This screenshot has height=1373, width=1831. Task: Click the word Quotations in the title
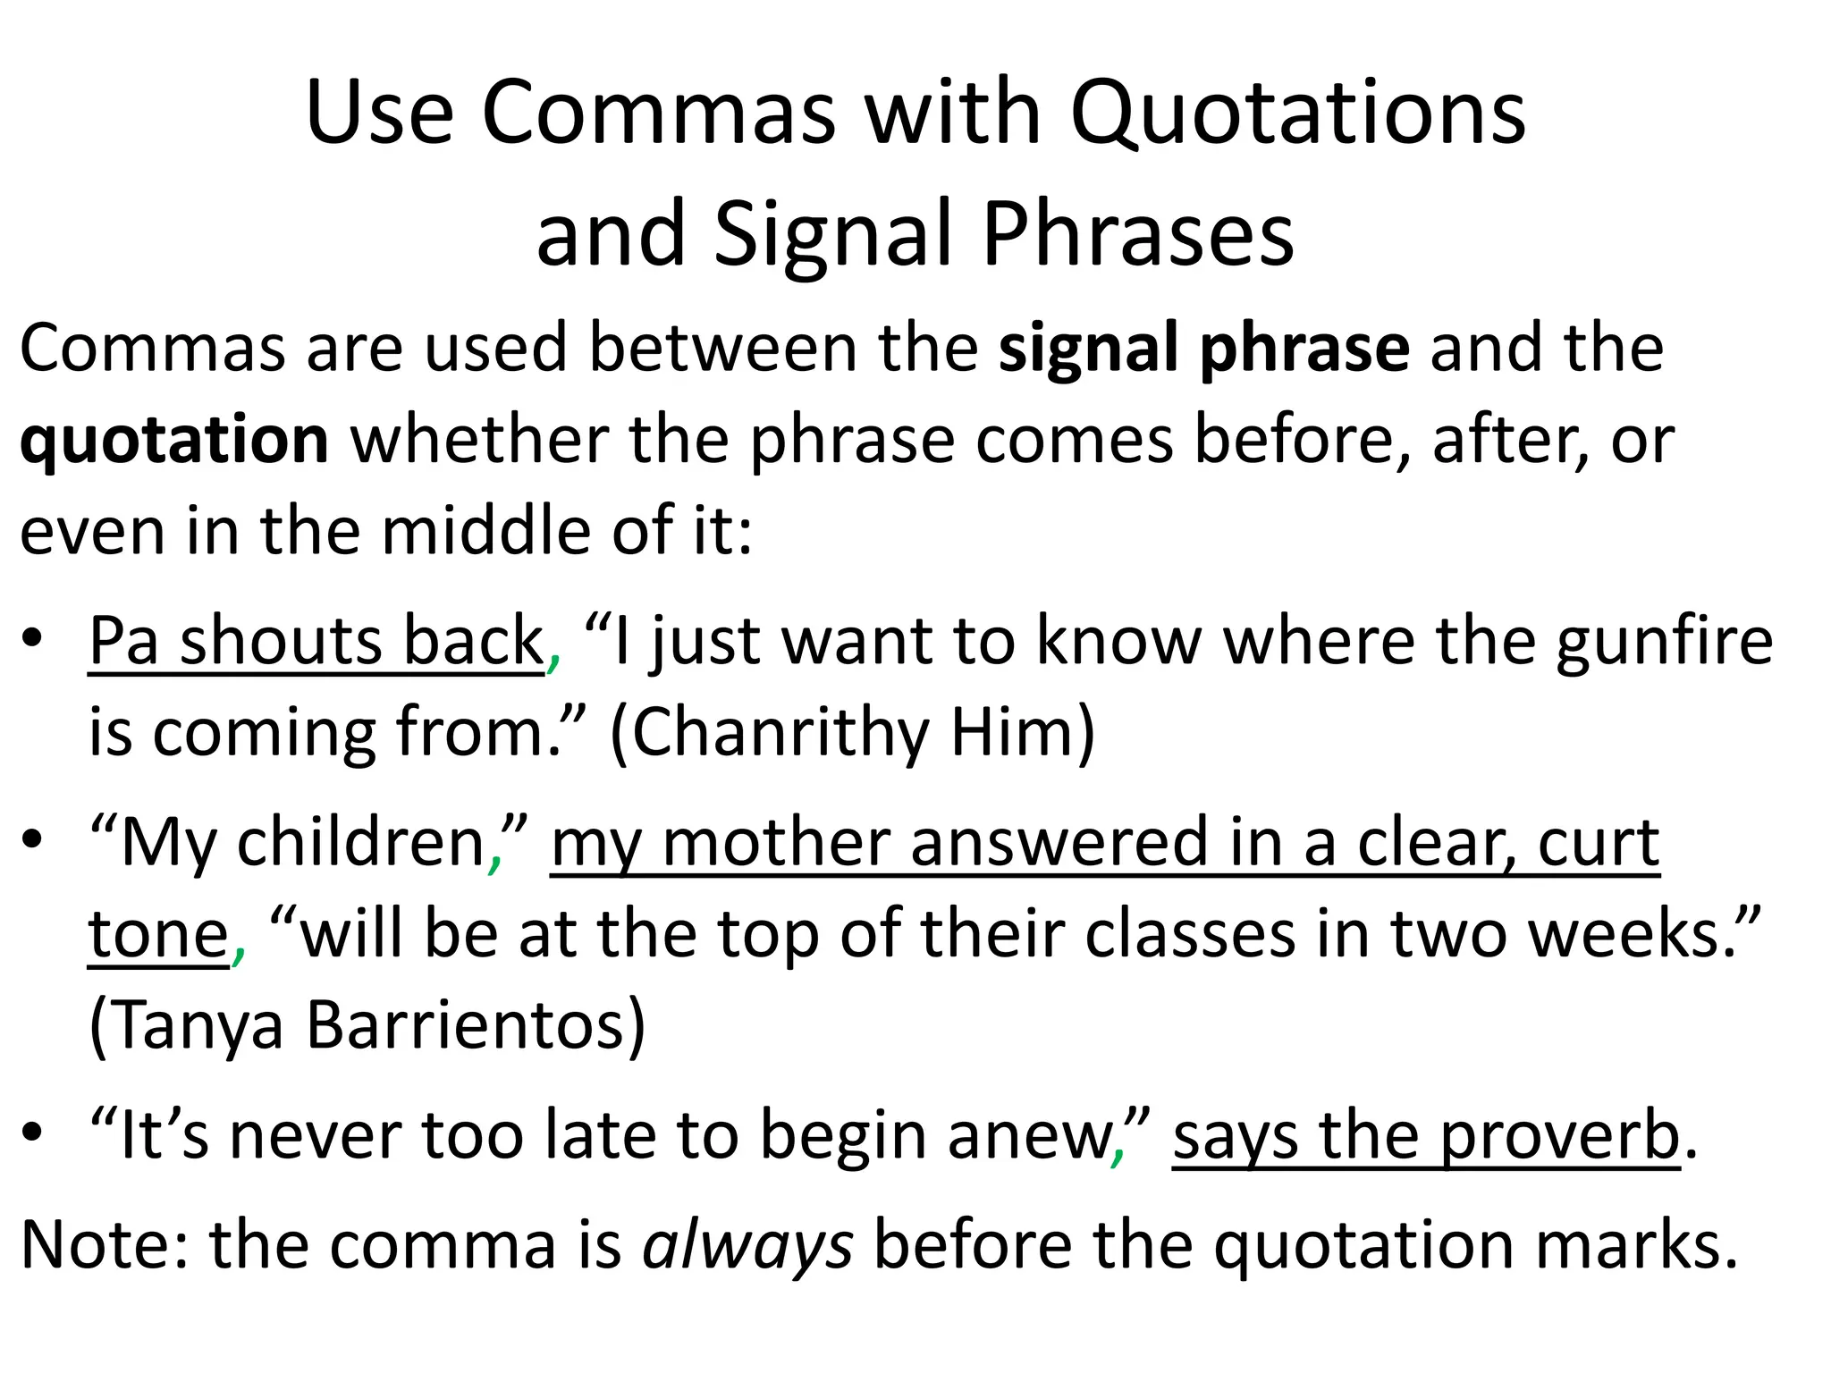[1298, 114]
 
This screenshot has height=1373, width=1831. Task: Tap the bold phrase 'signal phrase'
[1203, 348]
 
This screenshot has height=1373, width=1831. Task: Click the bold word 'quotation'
[174, 440]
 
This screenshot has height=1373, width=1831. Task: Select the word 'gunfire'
[1664, 641]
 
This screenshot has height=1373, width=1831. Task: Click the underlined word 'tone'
[158, 934]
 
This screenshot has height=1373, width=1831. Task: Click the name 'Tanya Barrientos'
[367, 1025]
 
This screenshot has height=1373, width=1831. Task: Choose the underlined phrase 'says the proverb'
[1426, 1135]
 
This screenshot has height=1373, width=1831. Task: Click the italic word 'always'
[747, 1244]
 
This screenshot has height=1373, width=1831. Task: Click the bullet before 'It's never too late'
[33, 1133]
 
